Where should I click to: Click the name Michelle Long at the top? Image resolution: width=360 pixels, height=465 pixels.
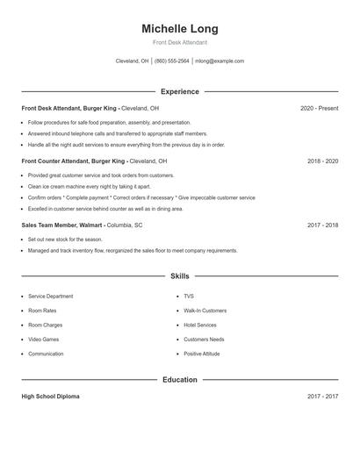(x=180, y=29)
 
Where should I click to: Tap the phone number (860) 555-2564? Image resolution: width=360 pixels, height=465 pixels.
(x=172, y=61)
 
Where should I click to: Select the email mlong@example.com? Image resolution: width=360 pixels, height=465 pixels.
(x=220, y=61)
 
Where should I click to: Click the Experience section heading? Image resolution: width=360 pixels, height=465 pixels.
(x=180, y=91)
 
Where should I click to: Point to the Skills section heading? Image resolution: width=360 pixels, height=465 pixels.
(x=180, y=275)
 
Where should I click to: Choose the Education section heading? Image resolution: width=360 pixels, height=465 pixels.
(x=180, y=380)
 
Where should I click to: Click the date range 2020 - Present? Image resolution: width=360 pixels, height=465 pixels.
(x=319, y=108)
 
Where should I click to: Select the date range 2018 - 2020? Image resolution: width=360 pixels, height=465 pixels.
(x=322, y=161)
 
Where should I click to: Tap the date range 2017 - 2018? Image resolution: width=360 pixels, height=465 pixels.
(x=322, y=225)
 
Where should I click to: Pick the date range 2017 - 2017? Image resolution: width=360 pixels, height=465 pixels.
(x=322, y=397)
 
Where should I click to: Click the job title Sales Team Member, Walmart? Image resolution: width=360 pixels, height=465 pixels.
(x=62, y=225)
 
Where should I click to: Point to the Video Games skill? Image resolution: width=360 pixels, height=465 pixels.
(x=43, y=340)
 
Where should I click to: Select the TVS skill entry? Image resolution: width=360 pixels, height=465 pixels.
(x=189, y=297)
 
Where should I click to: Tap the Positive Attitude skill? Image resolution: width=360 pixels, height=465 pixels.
(x=202, y=354)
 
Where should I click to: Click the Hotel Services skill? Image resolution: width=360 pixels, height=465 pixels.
(x=200, y=325)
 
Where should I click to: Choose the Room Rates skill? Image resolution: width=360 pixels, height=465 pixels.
(x=42, y=311)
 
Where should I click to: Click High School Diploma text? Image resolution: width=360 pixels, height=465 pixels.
(x=50, y=397)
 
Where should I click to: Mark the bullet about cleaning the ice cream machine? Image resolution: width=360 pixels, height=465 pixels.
(x=89, y=187)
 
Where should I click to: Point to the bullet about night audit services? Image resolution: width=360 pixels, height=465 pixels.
(x=126, y=145)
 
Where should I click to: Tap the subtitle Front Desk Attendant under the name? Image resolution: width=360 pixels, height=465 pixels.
(x=180, y=42)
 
